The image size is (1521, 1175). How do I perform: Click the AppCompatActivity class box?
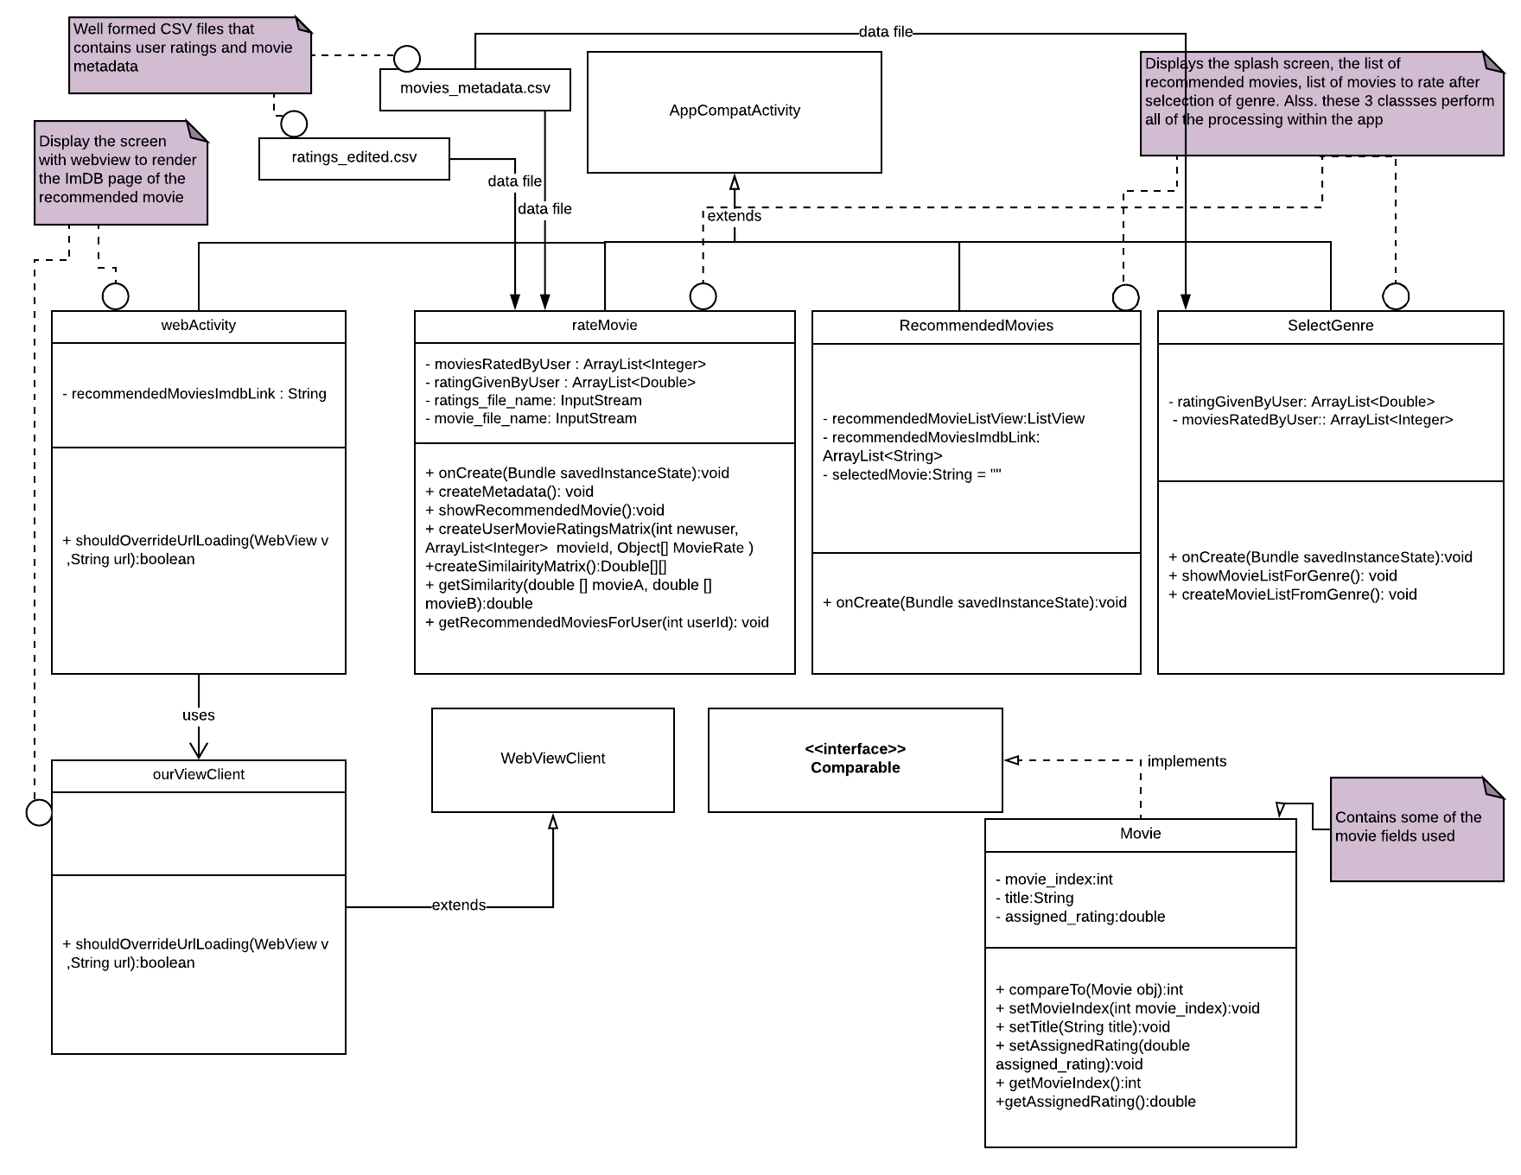tap(735, 111)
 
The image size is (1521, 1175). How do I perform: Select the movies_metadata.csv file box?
tap(475, 89)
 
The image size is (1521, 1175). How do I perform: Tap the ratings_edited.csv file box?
tap(354, 158)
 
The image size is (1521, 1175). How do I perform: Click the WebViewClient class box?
tap(553, 759)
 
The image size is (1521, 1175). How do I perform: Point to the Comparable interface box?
tap(855, 759)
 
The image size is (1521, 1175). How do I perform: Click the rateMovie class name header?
tap(604, 326)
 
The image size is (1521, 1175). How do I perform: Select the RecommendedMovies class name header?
tap(976, 326)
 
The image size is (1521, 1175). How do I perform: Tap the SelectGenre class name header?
tap(1330, 326)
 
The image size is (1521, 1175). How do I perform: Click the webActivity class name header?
tap(198, 326)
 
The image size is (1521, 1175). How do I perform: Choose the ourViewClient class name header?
tap(198, 775)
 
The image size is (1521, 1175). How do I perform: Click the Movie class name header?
tap(1140, 834)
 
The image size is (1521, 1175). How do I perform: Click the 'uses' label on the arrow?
tap(198, 715)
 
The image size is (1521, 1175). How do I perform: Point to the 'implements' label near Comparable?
tap(1187, 761)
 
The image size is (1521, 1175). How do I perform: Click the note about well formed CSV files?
tap(189, 54)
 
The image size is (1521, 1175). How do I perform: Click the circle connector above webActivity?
tap(116, 296)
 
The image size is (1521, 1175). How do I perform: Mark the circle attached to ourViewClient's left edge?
tap(39, 812)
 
